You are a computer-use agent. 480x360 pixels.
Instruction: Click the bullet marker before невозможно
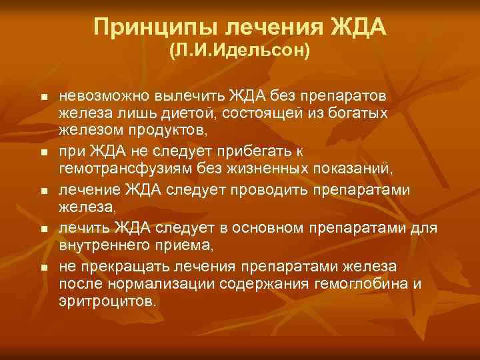point(43,98)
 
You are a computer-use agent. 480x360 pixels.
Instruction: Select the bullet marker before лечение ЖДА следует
point(43,191)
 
